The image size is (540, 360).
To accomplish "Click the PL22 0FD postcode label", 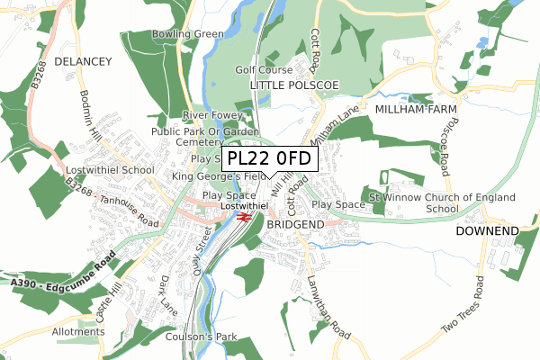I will pos(269,159).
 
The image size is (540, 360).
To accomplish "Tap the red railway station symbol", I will pos(244,215).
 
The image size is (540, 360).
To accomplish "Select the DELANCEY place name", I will pos(82,61).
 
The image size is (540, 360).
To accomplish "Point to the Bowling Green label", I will pos(187,35).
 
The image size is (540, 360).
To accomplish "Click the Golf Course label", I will pos(265,69).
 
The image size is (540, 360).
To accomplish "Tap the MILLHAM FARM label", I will pos(416,108).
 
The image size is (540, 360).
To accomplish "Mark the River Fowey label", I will pos(212,116).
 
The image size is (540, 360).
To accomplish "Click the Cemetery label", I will pos(200,142).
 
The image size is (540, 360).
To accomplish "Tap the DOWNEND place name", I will pos(487,231).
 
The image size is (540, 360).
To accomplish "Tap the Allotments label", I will pos(78,332).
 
